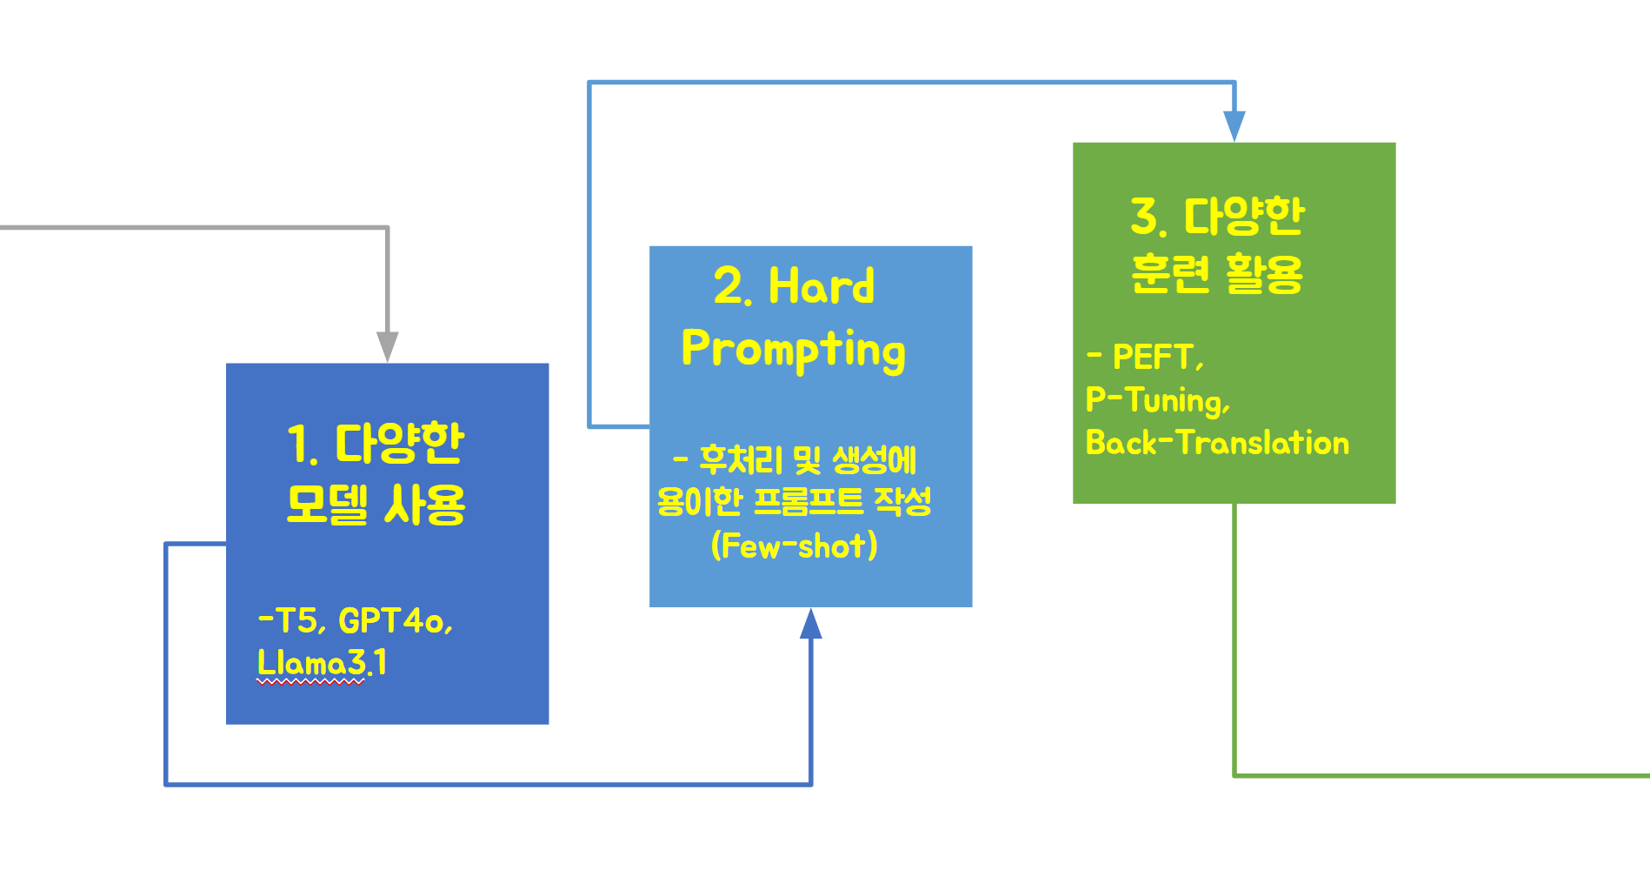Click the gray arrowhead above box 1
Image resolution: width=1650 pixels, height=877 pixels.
[x=388, y=347]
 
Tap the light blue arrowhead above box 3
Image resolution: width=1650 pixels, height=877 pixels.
[x=1234, y=126]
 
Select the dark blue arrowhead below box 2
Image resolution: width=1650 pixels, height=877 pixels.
[x=811, y=623]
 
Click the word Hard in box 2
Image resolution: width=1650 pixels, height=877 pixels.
[x=822, y=286]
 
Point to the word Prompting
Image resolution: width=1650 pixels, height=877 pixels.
[x=794, y=350]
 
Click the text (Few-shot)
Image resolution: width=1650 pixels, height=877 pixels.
[x=795, y=546]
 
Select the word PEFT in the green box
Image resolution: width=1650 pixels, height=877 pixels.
[x=1154, y=356]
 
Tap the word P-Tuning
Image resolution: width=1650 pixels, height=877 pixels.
[x=1158, y=400]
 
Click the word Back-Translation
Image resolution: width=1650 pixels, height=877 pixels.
[x=1217, y=443]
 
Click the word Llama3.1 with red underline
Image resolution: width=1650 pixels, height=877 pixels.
[x=322, y=663]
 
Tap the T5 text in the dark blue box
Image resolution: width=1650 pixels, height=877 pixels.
[x=296, y=620]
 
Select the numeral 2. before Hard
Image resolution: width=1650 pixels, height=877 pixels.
[x=732, y=286]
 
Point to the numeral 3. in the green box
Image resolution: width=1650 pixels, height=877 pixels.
[x=1148, y=216]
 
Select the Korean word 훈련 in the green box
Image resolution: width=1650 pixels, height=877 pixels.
[x=1170, y=273]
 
